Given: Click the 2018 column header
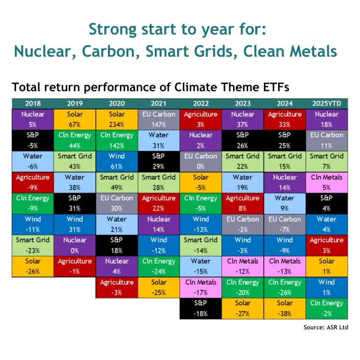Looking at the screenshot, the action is click(33, 103).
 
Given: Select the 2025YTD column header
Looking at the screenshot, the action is click(327, 103).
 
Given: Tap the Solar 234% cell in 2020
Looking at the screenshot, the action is click(117, 119).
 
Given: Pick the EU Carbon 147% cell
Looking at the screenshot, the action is click(159, 119).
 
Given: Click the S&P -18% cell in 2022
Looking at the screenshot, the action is click(201, 309).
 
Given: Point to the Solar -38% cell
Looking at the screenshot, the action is click(285, 309).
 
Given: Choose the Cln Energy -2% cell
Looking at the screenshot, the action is click(327, 309).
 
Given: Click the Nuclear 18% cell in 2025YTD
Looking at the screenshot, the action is click(327, 119).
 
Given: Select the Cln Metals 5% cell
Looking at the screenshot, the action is click(327, 183).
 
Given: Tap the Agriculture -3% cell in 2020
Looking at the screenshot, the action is click(117, 288).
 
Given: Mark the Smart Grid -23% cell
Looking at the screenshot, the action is click(33, 245).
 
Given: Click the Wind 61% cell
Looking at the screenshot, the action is click(117, 162).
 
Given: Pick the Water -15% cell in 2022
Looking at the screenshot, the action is click(201, 266).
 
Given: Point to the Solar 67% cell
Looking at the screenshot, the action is click(75, 119).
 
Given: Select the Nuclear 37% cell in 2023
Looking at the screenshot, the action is click(243, 119).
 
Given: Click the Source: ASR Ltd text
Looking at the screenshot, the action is click(326, 327).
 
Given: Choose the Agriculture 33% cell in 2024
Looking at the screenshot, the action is click(285, 119).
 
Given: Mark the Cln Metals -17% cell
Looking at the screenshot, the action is click(201, 288).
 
